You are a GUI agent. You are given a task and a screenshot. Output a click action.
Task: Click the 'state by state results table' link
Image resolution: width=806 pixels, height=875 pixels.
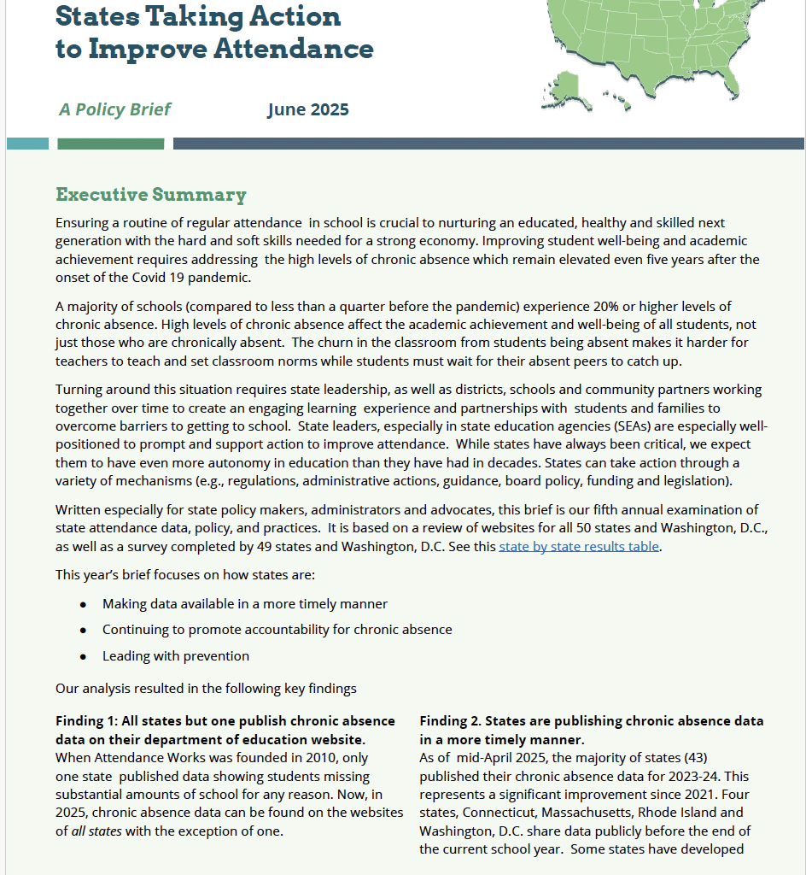(579, 547)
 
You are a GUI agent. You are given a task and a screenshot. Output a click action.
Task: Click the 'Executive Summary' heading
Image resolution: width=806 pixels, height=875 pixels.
(151, 195)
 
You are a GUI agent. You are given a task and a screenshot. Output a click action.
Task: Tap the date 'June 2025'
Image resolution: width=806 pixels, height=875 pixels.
(307, 109)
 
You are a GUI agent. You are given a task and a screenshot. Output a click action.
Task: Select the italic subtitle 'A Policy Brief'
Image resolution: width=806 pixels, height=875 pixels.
(114, 109)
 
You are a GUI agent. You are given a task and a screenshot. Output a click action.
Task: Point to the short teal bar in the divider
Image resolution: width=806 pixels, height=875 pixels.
(27, 144)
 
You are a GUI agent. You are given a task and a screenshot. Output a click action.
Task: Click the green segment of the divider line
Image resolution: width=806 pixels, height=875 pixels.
(110, 144)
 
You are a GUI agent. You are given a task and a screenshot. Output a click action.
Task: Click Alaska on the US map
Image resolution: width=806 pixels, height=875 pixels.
(564, 86)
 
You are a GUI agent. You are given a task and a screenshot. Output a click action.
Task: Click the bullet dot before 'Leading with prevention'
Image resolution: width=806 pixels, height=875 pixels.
(83, 656)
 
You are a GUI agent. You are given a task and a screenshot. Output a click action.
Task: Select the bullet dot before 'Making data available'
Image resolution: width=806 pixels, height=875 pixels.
(83, 604)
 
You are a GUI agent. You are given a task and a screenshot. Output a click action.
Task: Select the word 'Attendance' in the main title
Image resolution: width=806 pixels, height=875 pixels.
(290, 49)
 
